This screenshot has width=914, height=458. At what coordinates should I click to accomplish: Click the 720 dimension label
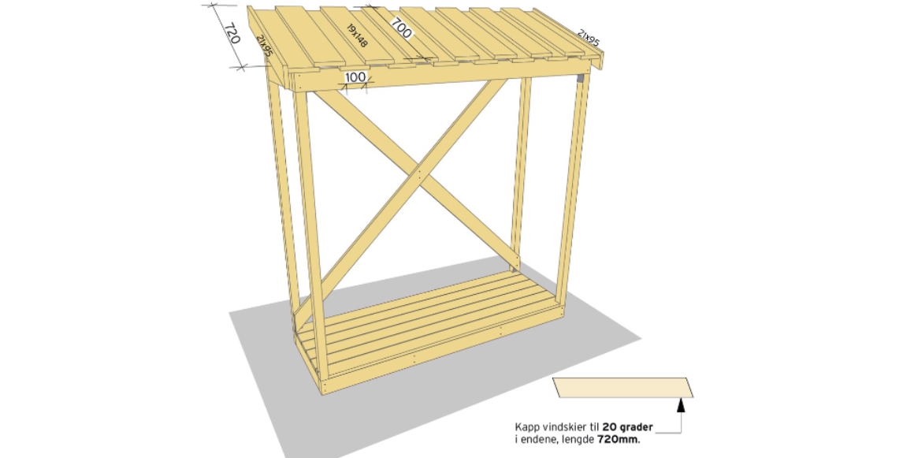[232, 35]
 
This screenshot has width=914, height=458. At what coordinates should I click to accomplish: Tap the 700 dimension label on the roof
[401, 28]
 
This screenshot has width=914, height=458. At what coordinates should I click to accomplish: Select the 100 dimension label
[355, 77]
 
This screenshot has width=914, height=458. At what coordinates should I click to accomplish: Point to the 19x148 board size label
[357, 35]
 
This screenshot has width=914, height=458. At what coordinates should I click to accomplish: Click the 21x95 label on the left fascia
[265, 45]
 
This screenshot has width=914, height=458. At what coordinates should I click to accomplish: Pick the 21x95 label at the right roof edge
[589, 37]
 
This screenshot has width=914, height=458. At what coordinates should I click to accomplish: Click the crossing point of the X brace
[418, 173]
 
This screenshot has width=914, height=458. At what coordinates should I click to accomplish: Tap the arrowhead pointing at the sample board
[681, 405]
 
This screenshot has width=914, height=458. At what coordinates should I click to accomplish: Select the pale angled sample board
[623, 387]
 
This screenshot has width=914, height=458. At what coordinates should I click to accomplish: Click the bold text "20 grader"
[628, 427]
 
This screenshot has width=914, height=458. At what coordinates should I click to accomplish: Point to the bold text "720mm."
[619, 439]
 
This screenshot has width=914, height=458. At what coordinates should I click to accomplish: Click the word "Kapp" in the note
[525, 428]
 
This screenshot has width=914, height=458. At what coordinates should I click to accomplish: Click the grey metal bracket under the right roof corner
[580, 77]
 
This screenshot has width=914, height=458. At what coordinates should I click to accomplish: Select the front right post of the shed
[572, 192]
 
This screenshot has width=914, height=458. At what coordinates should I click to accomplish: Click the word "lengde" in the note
[580, 440]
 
